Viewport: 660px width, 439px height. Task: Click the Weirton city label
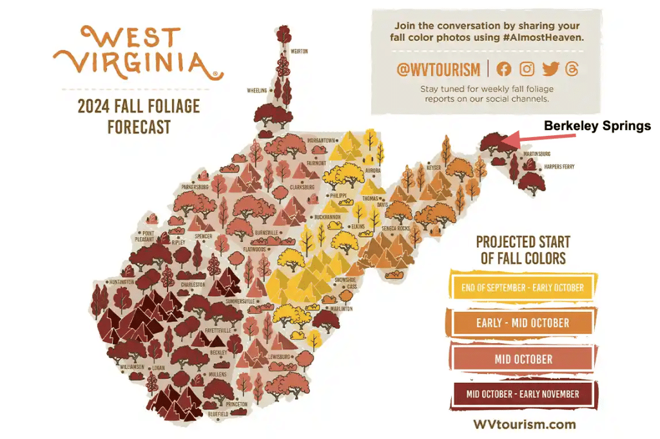(299, 51)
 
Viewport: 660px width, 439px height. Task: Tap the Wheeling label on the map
(257, 91)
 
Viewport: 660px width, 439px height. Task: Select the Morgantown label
(320, 140)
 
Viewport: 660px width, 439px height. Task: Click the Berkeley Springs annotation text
(597, 126)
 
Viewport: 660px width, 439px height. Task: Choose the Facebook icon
(504, 70)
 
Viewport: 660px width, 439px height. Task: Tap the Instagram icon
(527, 70)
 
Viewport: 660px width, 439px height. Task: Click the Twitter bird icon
(550, 70)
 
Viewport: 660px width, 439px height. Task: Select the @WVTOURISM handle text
(438, 70)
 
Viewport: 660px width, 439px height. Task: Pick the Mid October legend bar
(523, 359)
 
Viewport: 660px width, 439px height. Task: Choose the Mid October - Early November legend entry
(523, 393)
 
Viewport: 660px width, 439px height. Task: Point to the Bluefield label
(218, 415)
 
